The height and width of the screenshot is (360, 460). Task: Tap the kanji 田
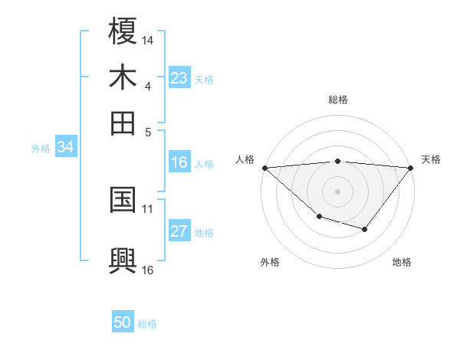(x=123, y=123)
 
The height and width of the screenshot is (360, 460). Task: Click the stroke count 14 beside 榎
(x=148, y=39)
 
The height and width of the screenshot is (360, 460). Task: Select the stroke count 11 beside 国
(x=148, y=208)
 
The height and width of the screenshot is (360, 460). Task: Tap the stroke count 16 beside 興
(x=148, y=269)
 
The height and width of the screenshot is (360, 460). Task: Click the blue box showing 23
(x=179, y=78)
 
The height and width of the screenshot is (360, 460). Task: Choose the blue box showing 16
(x=179, y=162)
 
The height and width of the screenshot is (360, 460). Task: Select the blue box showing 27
(x=179, y=231)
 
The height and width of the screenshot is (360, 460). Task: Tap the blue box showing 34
(x=65, y=147)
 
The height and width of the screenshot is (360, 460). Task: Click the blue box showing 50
(x=123, y=323)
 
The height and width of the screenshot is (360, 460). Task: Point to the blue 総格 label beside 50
(x=147, y=324)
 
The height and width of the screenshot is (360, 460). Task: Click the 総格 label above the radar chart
(x=338, y=100)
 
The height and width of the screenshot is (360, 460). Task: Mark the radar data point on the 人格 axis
(x=264, y=168)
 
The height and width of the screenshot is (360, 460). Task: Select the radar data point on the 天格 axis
(x=411, y=168)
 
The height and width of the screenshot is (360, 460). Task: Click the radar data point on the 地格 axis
(x=365, y=229)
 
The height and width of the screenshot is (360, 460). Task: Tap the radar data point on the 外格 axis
(x=319, y=218)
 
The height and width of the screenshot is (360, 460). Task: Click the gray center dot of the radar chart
(x=338, y=191)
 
